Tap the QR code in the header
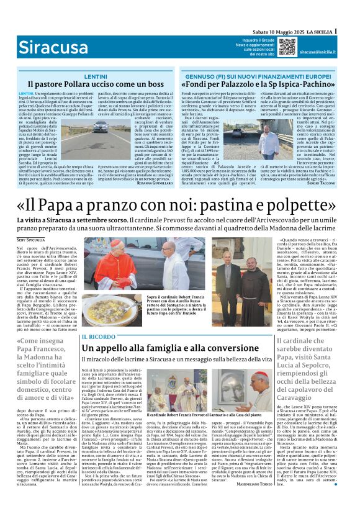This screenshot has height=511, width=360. [270, 47]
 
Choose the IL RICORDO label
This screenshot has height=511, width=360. [99, 337]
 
